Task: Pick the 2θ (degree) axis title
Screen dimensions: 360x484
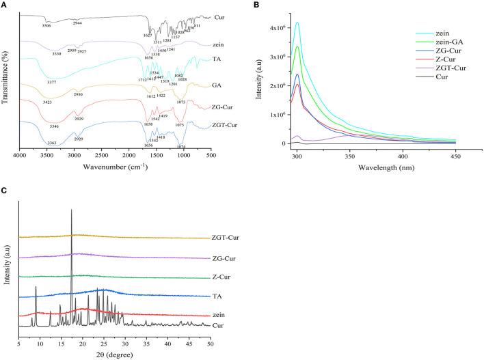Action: (x=114, y=355)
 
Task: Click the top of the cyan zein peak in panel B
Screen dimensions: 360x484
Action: (x=297, y=23)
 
